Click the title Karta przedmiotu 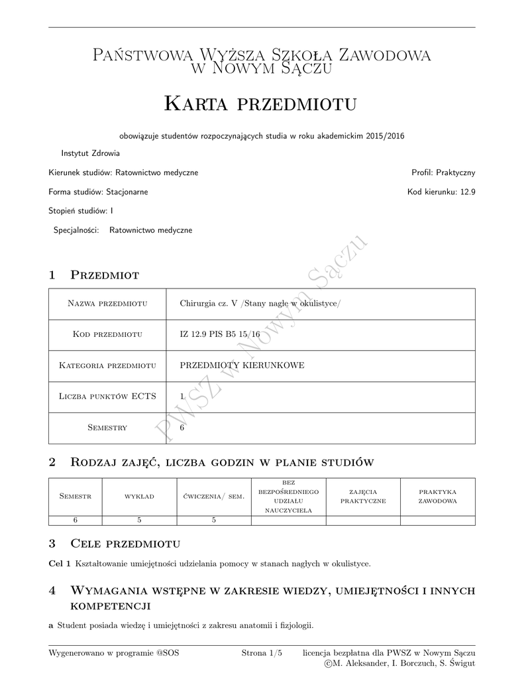[x=260, y=103]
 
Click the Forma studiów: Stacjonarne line [x=98, y=192]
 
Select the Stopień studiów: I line [x=81, y=211]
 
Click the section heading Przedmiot [x=105, y=275]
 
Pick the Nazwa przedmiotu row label [x=107, y=304]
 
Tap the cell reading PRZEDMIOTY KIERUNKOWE [x=242, y=365]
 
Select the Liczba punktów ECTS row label [x=107, y=397]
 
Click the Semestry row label [x=107, y=428]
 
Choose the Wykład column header [x=139, y=496]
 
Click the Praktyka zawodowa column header [x=437, y=496]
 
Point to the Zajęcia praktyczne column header [x=363, y=496]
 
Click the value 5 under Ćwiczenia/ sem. [x=214, y=520]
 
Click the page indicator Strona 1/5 [x=262, y=652]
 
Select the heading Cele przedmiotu [x=125, y=544]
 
